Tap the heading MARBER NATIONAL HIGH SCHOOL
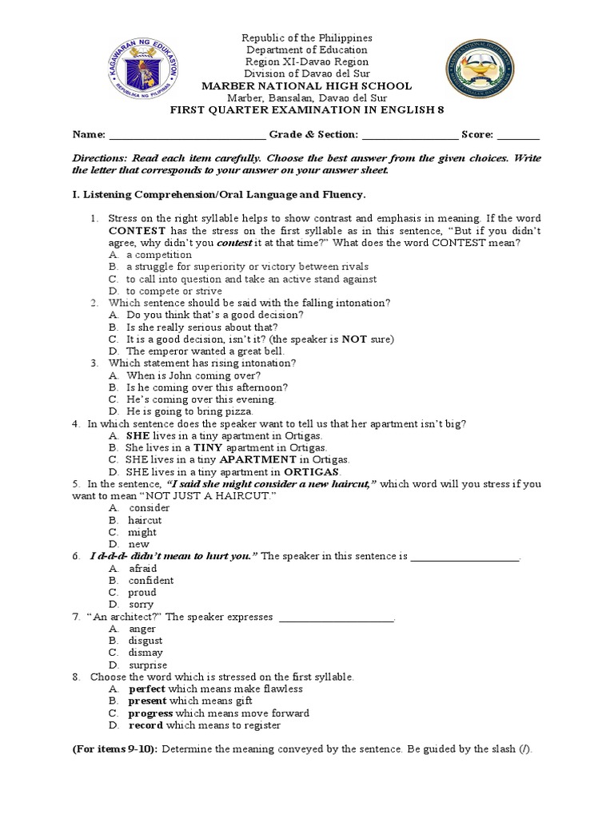click(307, 85)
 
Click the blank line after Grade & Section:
click(409, 135)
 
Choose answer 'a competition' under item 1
click(159, 255)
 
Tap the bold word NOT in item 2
click(354, 339)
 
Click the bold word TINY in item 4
click(207, 448)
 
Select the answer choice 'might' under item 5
click(142, 532)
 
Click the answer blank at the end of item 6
click(464, 557)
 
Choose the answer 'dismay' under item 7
click(146, 653)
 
